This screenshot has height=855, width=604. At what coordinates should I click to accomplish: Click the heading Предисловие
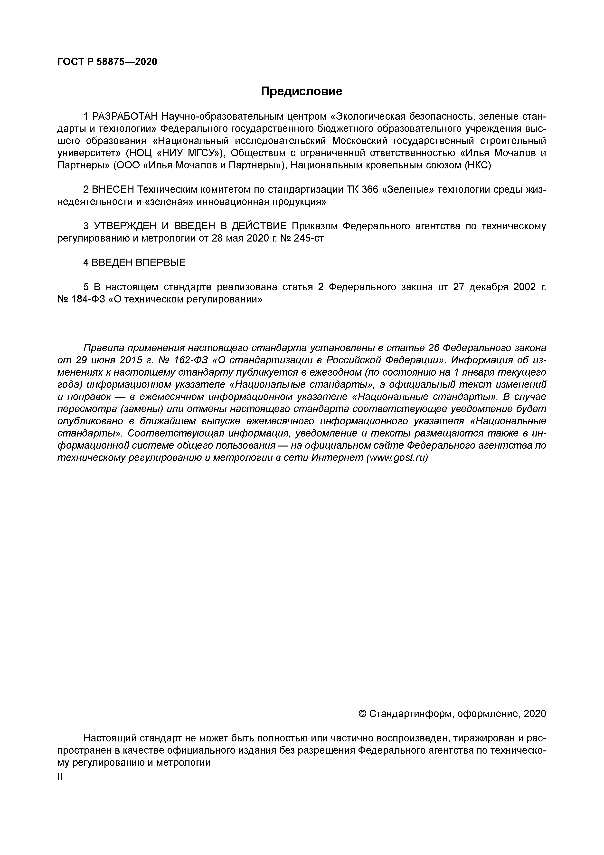click(x=302, y=91)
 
